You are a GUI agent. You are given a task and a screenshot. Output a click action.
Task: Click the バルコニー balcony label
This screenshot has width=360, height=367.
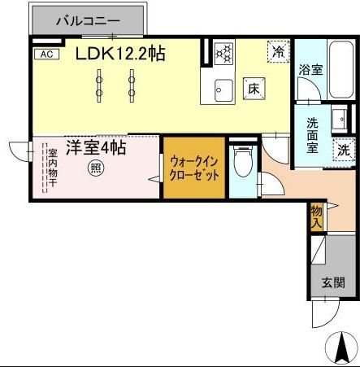pyautogui.click(x=88, y=21)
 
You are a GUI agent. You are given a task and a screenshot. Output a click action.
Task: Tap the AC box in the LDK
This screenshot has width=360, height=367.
pyautogui.click(x=45, y=55)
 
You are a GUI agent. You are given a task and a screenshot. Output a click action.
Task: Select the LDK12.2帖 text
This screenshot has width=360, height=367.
pyautogui.click(x=121, y=54)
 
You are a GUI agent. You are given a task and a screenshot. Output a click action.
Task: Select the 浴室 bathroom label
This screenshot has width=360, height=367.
pyautogui.click(x=310, y=71)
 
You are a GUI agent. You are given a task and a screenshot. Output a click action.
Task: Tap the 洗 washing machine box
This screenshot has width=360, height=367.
pyautogui.click(x=344, y=149)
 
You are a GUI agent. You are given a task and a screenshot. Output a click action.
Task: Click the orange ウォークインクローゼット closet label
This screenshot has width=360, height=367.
pyautogui.click(x=194, y=168)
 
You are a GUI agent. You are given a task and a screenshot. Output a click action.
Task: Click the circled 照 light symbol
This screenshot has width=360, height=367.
pyautogui.click(x=95, y=169)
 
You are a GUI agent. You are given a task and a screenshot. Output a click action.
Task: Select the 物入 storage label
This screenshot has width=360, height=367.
pyautogui.click(x=317, y=216)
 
